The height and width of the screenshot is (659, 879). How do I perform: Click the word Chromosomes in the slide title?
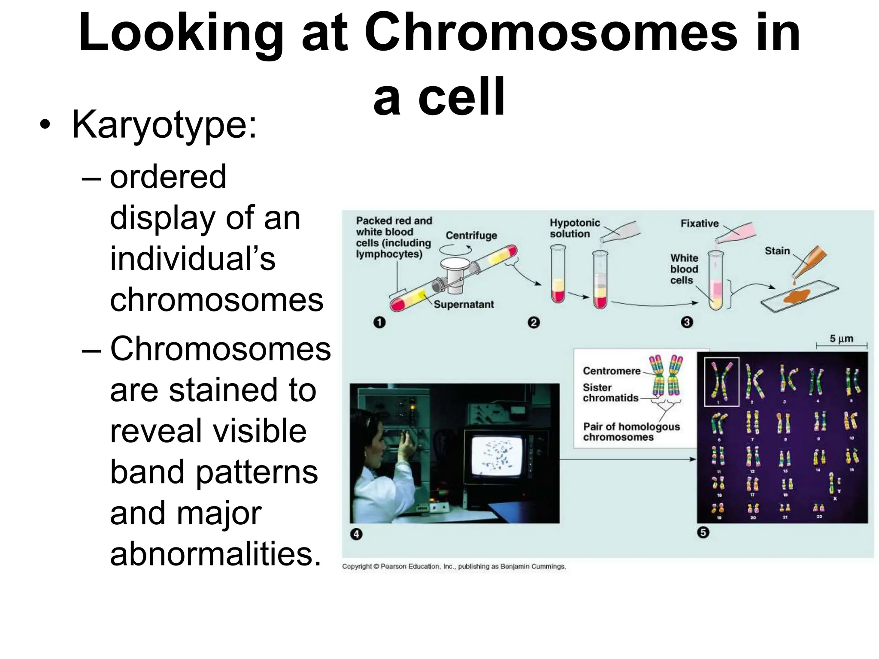pyautogui.click(x=550, y=33)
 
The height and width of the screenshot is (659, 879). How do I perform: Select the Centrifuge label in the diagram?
pyautogui.click(x=471, y=235)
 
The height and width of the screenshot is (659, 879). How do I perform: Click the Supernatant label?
pyautogui.click(x=464, y=304)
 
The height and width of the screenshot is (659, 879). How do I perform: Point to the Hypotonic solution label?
pyautogui.click(x=574, y=228)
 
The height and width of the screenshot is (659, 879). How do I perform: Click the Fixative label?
pyautogui.click(x=699, y=223)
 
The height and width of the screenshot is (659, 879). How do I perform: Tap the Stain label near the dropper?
pyautogui.click(x=777, y=251)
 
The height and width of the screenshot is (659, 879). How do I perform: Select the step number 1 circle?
pyautogui.click(x=379, y=322)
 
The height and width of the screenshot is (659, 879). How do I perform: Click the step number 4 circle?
pyautogui.click(x=356, y=534)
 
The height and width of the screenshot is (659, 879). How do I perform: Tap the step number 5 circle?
pyautogui.click(x=703, y=532)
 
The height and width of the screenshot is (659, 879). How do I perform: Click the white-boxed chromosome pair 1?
pyautogui.click(x=721, y=381)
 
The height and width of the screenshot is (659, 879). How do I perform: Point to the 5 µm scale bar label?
pyautogui.click(x=841, y=339)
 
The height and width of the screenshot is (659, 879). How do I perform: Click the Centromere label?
pyautogui.click(x=611, y=371)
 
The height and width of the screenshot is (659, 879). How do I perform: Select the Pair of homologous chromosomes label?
pyautogui.click(x=631, y=432)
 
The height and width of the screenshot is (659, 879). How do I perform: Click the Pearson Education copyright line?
pyautogui.click(x=454, y=566)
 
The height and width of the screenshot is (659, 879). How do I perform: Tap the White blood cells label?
pyautogui.click(x=684, y=269)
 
